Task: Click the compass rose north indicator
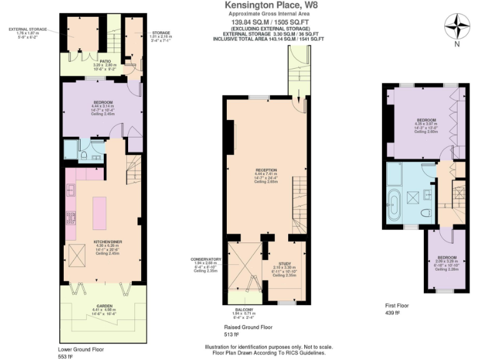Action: pyautogui.click(x=457, y=27)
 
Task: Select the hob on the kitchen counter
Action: pyautogui.click(x=71, y=219)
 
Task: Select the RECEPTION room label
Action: pyautogui.click(x=265, y=169)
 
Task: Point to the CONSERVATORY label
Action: pyautogui.click(x=206, y=259)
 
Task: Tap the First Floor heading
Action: pyautogui.click(x=397, y=306)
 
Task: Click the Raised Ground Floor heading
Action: pyautogui.click(x=247, y=327)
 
